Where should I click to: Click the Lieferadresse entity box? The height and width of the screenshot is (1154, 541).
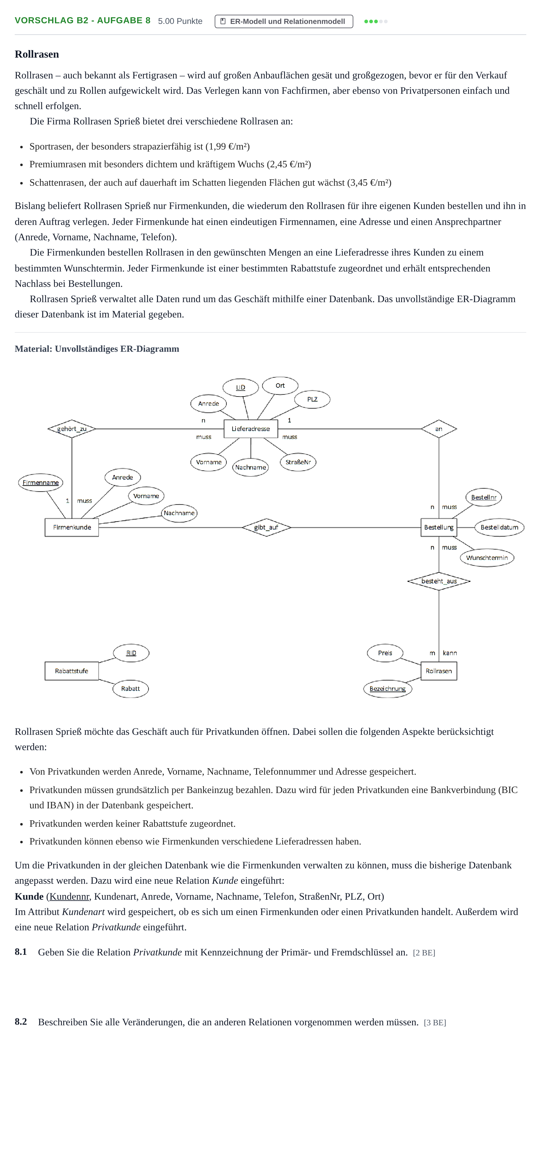[251, 429]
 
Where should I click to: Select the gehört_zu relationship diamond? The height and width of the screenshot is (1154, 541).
[72, 429]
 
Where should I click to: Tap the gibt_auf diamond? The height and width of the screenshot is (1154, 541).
[266, 527]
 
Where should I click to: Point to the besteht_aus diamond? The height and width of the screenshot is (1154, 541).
[439, 581]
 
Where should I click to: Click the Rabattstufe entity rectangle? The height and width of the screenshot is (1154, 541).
[72, 671]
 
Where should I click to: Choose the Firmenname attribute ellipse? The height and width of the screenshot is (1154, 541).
[41, 483]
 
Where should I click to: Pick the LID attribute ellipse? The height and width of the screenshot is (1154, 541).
[241, 388]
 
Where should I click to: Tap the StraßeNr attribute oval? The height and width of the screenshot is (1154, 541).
[298, 462]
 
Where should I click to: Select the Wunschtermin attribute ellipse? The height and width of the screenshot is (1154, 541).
[487, 558]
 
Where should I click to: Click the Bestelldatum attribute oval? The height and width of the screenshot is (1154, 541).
[499, 527]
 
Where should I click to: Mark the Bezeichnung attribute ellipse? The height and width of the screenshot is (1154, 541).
[388, 689]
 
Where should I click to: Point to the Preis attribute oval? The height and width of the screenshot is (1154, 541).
[385, 653]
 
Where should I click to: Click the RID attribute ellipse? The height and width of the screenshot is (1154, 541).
[131, 653]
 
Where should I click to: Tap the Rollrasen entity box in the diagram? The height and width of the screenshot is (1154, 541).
[439, 671]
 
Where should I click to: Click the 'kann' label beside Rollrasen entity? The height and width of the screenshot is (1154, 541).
[450, 653]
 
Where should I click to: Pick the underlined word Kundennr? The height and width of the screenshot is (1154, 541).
[70, 896]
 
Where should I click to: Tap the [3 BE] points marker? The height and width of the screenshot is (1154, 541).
[435, 1022]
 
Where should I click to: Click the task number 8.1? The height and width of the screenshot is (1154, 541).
[21, 951]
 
